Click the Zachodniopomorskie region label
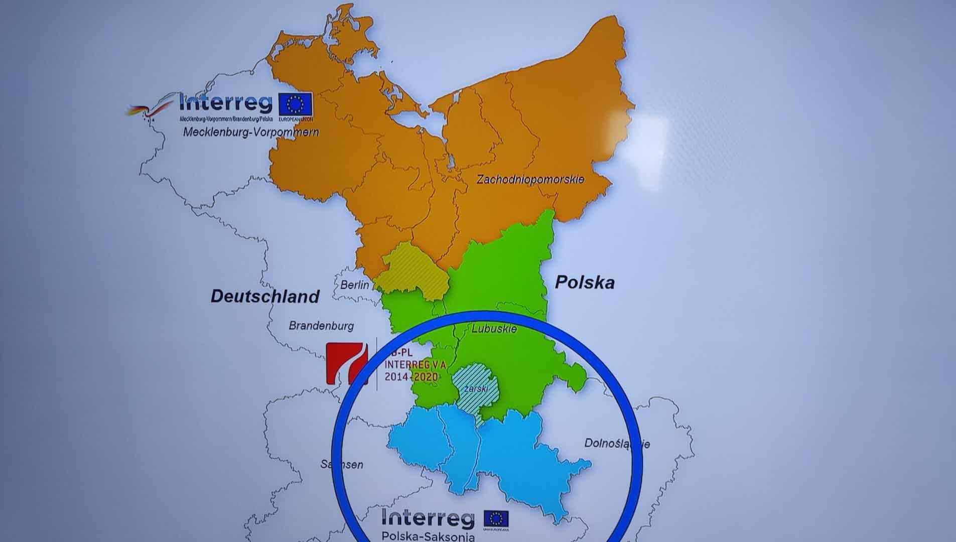pos(530,179)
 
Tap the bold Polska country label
pos(584,283)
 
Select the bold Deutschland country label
pos(265,296)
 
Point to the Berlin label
pos(354,285)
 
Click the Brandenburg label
pos(321,326)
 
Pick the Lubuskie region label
pos(494,329)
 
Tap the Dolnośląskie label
pos(617,444)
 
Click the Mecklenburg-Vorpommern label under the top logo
pos(251,132)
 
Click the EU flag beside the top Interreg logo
pos(296,104)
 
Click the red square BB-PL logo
pos(347,363)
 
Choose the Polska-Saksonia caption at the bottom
pos(428,536)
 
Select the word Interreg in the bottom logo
pos(428,517)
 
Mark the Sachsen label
pos(342,464)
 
